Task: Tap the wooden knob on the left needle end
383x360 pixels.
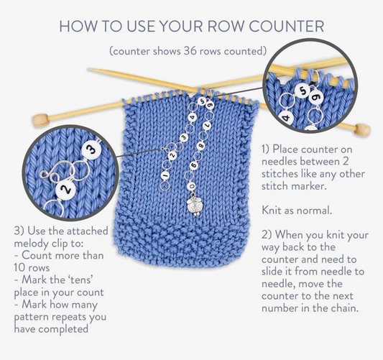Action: coord(40,120)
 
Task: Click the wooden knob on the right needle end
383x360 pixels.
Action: coord(362,130)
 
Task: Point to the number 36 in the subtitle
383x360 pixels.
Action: coord(190,51)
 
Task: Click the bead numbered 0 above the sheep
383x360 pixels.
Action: coord(192,186)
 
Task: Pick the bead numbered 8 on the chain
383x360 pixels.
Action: coord(201,146)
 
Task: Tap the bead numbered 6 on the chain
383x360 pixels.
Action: coord(194,165)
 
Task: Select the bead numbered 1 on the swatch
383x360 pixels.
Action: coord(165,175)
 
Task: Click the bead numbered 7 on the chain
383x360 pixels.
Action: coord(208,126)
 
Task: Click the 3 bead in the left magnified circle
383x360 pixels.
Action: coord(91,150)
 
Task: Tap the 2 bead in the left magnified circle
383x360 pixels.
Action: coord(66,189)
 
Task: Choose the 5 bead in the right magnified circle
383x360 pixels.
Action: coord(303,91)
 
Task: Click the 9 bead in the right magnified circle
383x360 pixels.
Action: coord(316,98)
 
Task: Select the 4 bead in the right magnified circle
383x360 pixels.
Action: coord(286,119)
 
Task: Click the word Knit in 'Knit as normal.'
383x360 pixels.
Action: coord(271,211)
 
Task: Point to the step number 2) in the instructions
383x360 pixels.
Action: coord(267,235)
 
